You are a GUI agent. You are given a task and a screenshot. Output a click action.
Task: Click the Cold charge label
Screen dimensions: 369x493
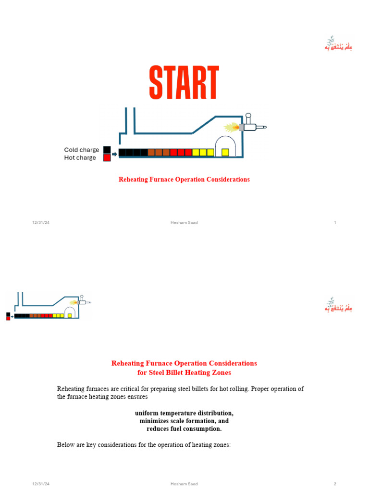tap(82, 150)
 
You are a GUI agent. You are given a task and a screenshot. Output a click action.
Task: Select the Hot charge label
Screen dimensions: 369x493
tap(80, 157)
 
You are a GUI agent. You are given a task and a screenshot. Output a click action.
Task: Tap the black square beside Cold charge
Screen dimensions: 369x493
tap(107, 150)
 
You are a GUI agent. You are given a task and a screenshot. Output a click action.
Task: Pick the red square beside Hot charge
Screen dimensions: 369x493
tap(107, 157)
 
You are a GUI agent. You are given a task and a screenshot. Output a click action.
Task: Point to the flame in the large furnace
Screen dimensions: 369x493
tap(232, 128)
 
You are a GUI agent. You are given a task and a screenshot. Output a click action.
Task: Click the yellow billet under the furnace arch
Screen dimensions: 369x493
tap(225, 152)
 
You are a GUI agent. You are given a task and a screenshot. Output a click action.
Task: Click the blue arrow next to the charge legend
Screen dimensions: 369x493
tap(114, 154)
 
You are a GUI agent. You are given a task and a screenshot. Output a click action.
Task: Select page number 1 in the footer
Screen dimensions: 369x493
tap(334, 222)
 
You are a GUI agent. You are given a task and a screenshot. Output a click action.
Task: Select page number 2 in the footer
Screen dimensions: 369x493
tap(334, 484)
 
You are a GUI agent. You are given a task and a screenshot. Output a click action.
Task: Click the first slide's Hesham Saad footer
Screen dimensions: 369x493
tap(184, 222)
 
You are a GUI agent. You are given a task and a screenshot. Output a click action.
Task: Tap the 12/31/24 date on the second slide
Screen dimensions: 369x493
tap(41, 484)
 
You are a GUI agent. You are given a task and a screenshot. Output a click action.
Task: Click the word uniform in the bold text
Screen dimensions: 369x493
tap(146, 413)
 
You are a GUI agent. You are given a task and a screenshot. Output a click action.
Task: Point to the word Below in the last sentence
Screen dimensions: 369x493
tap(66, 445)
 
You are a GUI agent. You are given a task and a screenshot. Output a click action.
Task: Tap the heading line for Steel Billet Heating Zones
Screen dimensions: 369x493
tap(184, 372)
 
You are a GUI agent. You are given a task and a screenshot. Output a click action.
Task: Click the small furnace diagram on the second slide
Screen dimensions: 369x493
tap(48, 307)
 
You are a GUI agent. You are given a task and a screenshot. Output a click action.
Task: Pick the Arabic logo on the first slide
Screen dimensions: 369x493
tap(338, 44)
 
